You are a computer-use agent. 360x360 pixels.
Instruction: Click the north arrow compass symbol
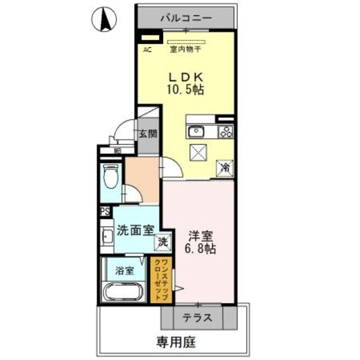103,21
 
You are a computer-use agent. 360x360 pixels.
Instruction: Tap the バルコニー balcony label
186,17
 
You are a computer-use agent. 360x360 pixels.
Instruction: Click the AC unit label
147,49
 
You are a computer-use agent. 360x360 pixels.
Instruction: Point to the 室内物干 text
186,49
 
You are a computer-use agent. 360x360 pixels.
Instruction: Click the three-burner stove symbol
226,133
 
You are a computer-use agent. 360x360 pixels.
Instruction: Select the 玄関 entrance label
148,134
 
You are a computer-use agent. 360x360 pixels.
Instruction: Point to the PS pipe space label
105,211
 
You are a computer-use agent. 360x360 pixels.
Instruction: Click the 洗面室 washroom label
135,230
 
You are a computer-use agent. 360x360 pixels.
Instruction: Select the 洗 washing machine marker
162,242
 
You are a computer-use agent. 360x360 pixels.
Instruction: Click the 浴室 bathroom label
124,271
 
